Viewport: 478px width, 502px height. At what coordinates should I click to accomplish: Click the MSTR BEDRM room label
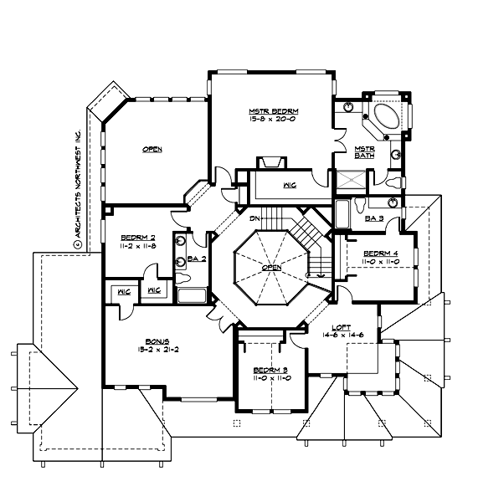coord(274,111)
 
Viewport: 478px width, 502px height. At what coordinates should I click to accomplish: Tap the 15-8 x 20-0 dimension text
coord(274,120)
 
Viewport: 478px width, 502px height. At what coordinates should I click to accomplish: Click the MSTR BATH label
coord(363,152)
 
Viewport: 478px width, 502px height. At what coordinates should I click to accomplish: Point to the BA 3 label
coord(375,218)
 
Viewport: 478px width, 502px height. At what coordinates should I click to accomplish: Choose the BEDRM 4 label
coord(381,253)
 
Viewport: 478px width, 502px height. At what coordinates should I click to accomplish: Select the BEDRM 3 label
coord(270,370)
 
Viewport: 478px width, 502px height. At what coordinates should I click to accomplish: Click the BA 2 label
coord(197,259)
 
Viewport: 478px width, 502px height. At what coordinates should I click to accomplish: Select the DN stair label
coord(253,218)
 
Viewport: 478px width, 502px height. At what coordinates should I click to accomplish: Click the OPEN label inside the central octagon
coord(270,268)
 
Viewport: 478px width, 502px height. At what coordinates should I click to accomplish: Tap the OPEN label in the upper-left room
coord(152,149)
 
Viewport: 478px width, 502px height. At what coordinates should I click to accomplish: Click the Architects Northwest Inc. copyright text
coord(76,189)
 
